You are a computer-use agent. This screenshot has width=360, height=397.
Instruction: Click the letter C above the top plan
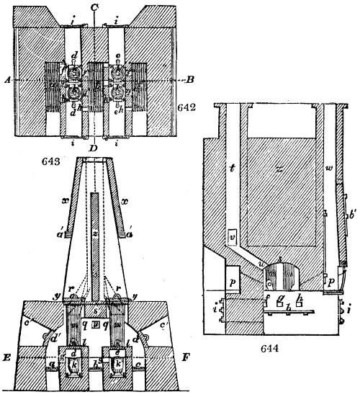[x=95, y=6]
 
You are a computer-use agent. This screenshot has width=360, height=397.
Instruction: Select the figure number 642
[x=186, y=106]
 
